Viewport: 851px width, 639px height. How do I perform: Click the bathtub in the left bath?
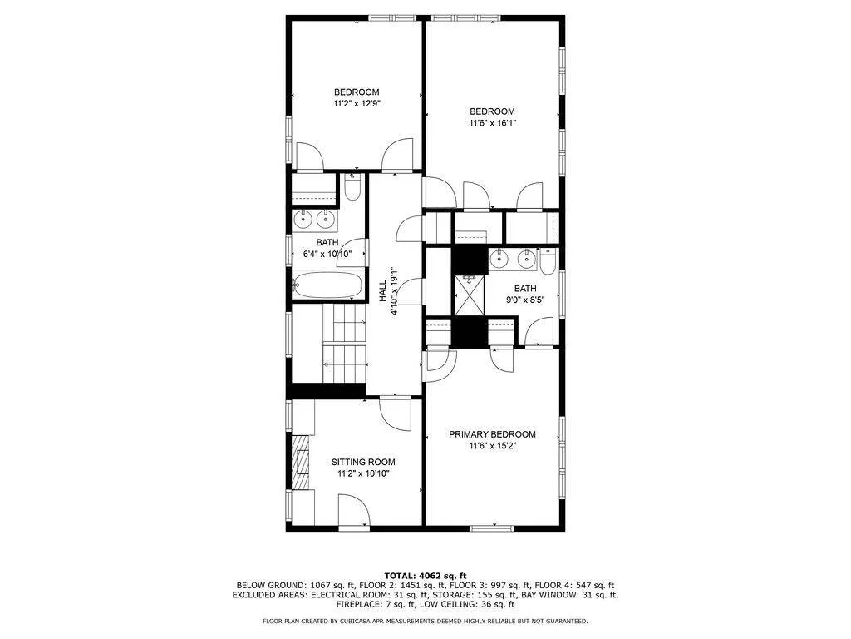pos(328,285)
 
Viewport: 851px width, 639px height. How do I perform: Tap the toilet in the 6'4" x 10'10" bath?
pos(352,191)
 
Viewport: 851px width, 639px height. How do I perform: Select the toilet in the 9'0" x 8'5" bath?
pos(547,262)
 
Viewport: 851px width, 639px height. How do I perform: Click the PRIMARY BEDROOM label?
pos(492,434)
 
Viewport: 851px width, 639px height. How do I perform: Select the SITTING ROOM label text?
pos(363,462)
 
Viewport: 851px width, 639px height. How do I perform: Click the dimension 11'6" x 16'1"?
pos(492,123)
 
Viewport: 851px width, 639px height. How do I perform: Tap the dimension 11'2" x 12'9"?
pos(357,104)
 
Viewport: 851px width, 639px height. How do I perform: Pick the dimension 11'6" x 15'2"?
pos(492,446)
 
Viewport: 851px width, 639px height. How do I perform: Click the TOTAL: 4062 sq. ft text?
pos(425,576)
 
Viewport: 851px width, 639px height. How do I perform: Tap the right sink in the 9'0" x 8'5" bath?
pos(525,260)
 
